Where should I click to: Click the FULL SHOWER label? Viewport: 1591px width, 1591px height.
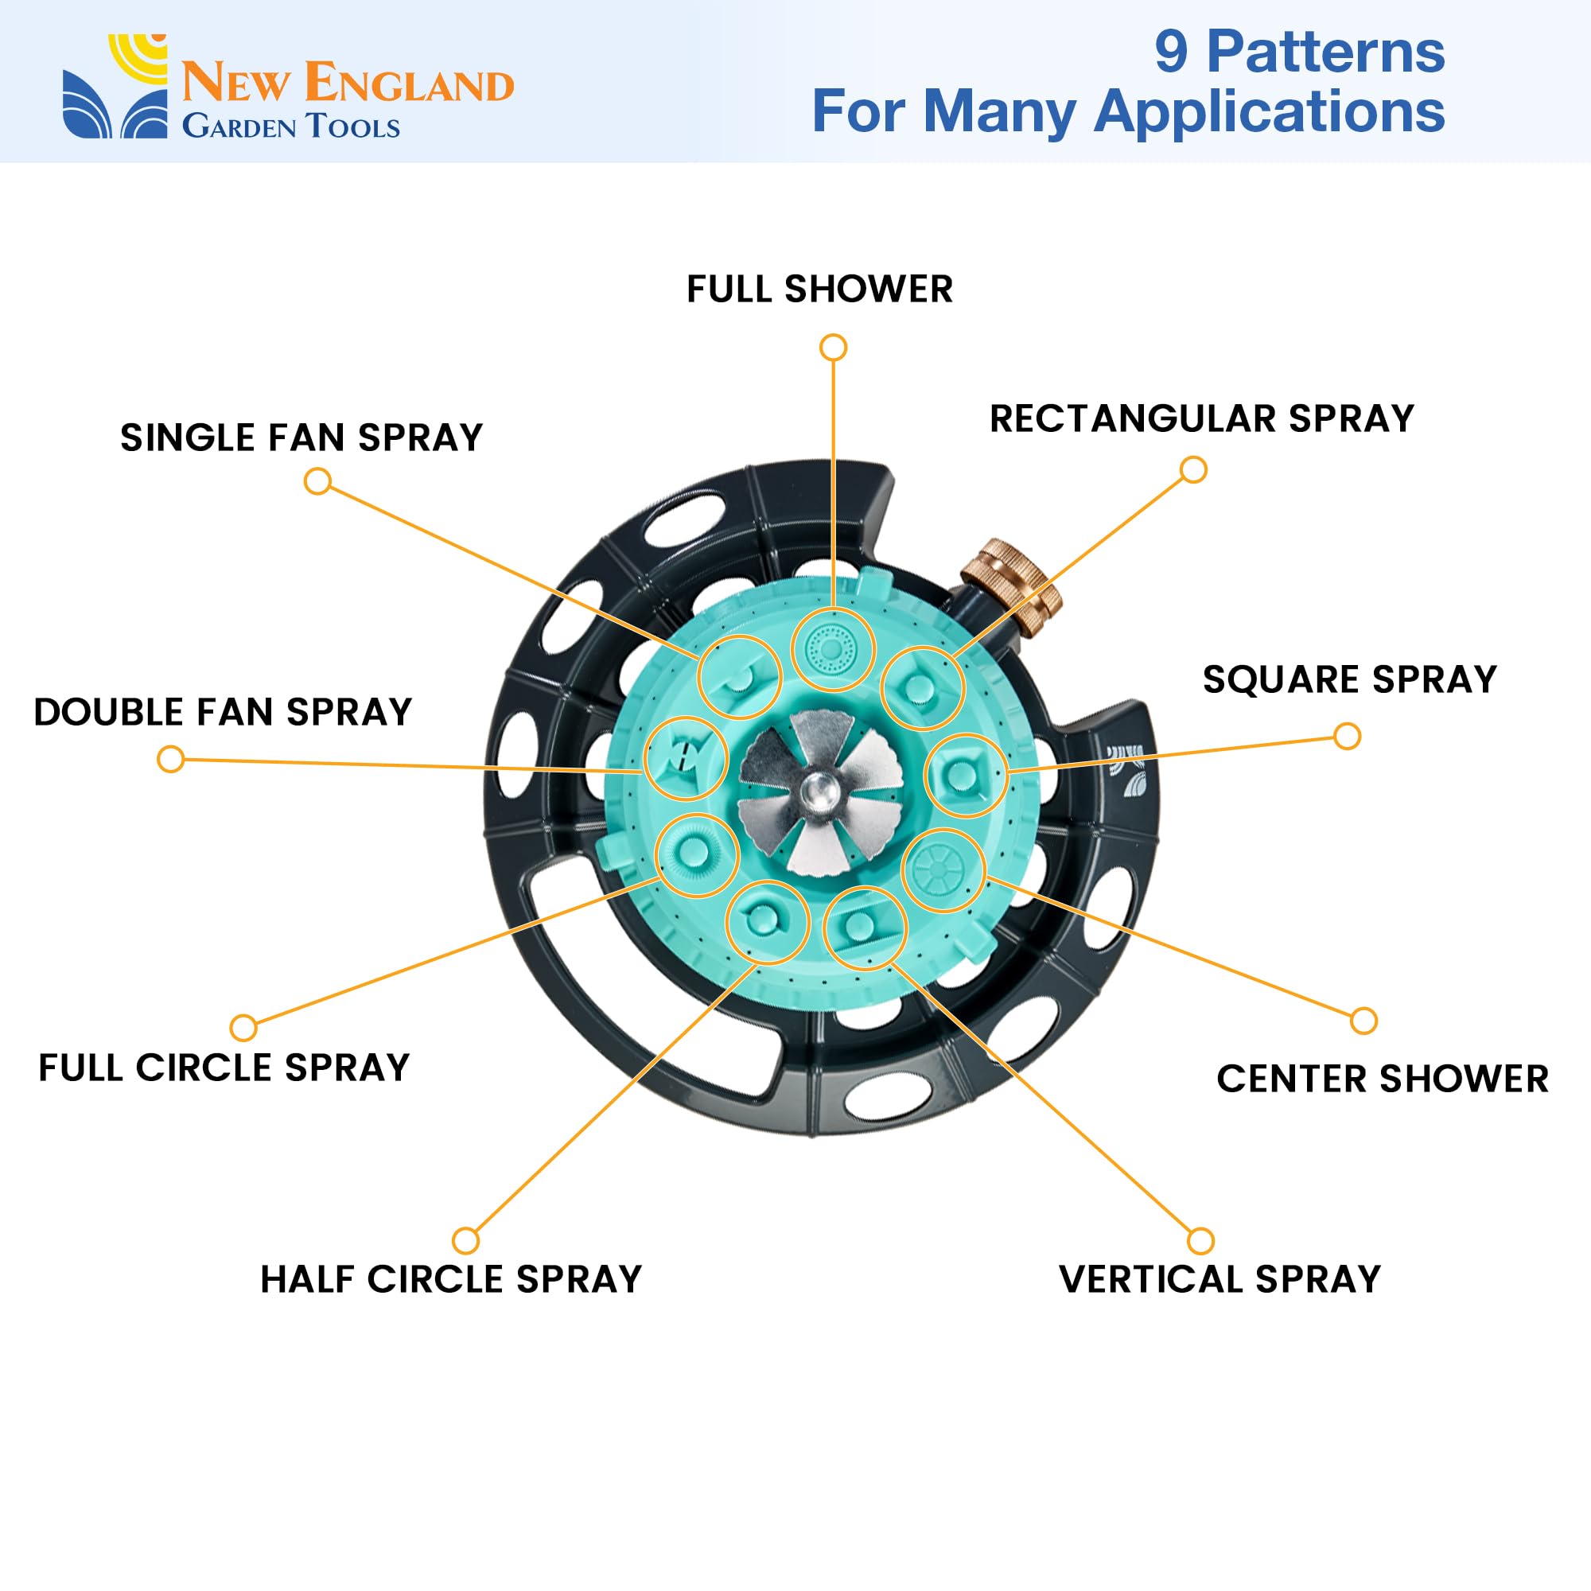819,289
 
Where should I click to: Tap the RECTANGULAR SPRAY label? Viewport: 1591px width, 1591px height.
1201,418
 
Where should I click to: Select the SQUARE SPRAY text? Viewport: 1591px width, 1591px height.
1350,679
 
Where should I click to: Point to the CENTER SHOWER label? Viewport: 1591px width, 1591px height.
1383,1079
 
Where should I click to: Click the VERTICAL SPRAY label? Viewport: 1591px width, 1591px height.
1220,1279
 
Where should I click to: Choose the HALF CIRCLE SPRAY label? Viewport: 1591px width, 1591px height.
451,1279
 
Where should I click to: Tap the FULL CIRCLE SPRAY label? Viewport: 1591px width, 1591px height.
224,1068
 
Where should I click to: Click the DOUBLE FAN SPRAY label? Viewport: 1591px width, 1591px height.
223,711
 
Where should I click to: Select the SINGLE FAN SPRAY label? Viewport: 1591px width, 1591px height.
301,438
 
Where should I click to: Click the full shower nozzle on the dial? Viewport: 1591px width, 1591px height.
833,650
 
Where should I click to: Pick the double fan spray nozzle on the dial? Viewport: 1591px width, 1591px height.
685,757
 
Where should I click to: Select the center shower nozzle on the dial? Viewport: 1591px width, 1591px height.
943,869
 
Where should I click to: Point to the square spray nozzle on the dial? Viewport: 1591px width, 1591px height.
965,775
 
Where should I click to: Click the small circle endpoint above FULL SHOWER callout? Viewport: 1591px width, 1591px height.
834,348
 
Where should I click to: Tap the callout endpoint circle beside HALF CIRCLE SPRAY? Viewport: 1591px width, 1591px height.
466,1240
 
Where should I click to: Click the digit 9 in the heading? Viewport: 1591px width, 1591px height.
1171,52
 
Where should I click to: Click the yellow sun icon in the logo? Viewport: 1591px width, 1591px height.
138,56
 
